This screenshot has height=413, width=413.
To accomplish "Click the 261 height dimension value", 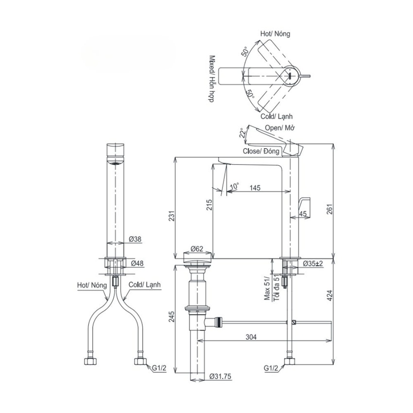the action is [330, 209].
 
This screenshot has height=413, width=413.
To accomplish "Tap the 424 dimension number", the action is [330, 295].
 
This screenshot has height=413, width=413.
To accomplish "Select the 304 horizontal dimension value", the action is [251, 337].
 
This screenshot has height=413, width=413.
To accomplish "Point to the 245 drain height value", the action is [172, 317].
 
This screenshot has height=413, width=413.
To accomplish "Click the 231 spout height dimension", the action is [172, 216].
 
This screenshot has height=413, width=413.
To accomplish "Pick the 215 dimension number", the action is [209, 205].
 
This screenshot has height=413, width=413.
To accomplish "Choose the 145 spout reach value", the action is [255, 188].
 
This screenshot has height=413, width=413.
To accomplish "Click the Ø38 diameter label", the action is [135, 239].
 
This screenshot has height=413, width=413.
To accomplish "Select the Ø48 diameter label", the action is [137, 263].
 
